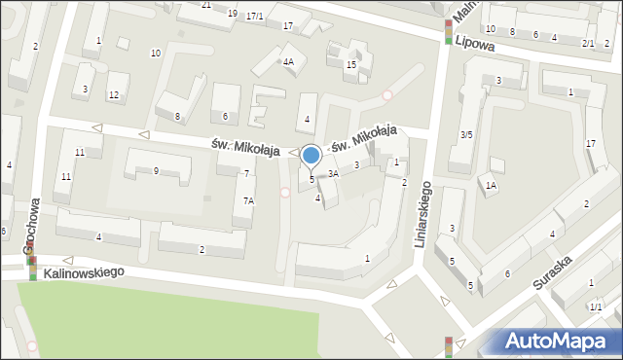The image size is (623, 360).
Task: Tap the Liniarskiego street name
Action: point(421,212)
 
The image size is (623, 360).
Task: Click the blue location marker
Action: point(311,155)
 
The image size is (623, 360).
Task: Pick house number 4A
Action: point(288,61)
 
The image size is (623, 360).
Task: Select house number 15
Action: point(351,64)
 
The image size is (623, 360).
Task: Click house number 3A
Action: point(333,173)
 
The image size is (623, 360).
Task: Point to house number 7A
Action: point(248,200)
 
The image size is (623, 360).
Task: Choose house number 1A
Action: point(492,185)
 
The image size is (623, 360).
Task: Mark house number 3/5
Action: point(466,134)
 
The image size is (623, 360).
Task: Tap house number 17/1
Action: point(255,17)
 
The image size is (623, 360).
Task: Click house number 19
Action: point(232,14)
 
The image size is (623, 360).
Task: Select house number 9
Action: point(156,171)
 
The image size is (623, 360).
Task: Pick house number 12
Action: point(114,94)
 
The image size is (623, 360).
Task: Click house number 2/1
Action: point(588,43)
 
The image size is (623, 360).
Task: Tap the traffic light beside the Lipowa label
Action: point(448,31)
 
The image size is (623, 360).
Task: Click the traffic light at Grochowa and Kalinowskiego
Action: point(32,267)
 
